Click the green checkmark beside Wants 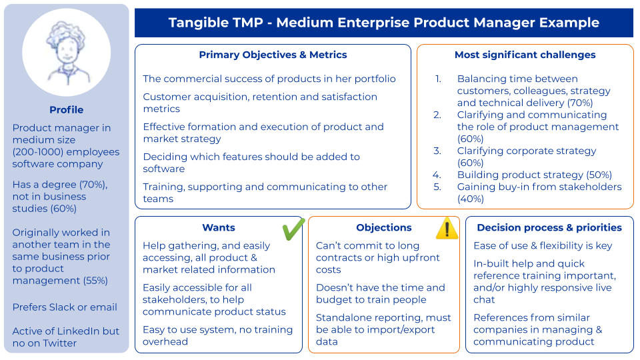(293, 229)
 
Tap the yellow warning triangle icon (447, 228)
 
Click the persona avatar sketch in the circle (67, 52)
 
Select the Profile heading (67, 110)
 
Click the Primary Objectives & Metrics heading (273, 55)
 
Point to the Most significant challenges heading (525, 55)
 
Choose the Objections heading (384, 227)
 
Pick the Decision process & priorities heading (549, 227)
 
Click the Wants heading (219, 227)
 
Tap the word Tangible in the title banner (195, 23)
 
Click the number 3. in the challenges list (437, 151)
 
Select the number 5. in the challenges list (437, 187)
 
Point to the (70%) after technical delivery (580, 103)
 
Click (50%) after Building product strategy (599, 175)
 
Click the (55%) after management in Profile (95, 281)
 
